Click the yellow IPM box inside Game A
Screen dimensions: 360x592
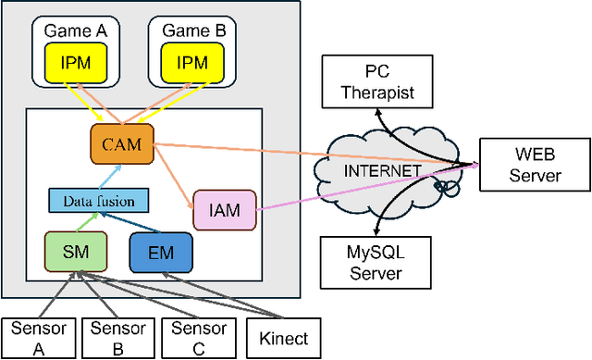pos(77,62)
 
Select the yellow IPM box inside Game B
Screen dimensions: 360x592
pos(193,62)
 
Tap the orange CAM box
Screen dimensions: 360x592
pos(120,143)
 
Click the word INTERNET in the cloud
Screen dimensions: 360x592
pos(381,172)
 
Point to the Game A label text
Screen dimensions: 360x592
pos(76,30)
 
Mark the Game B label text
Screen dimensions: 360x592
pos(193,30)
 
